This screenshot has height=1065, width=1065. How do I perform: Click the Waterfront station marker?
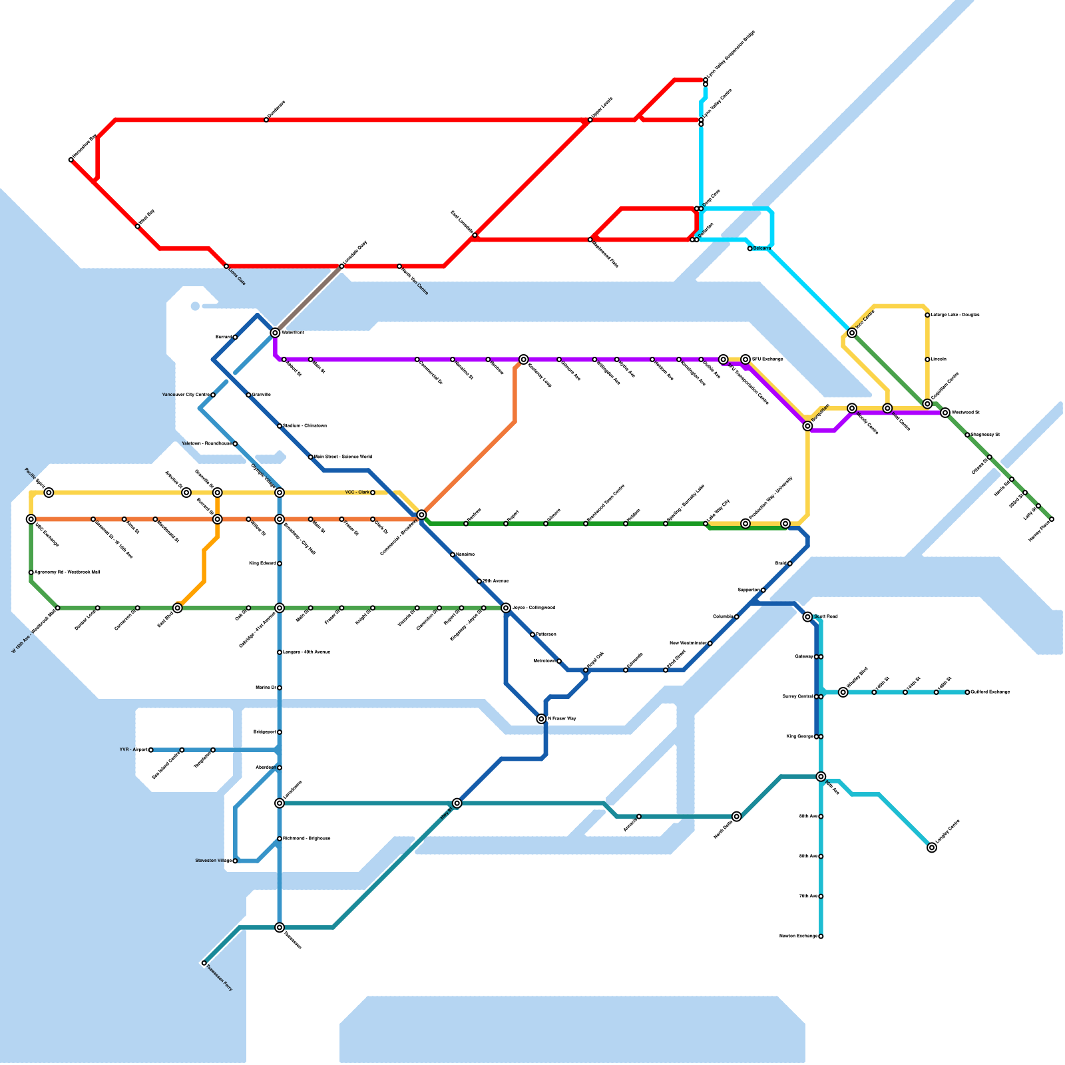[x=275, y=332]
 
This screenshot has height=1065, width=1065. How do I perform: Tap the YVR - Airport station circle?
[x=151, y=750]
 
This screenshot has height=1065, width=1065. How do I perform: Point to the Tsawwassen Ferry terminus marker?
[x=204, y=963]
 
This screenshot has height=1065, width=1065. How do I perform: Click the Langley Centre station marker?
[x=932, y=847]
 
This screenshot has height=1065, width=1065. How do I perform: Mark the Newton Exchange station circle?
[x=821, y=937]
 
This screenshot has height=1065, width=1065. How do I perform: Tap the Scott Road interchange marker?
[x=807, y=617]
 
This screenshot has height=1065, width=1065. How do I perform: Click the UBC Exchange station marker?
[x=31, y=519]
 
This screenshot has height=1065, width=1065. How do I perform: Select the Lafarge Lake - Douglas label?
[x=955, y=315]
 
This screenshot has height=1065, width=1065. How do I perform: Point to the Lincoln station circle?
[x=927, y=359]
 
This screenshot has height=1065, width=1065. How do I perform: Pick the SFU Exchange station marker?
[x=745, y=359]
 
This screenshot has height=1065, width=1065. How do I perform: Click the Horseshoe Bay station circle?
[x=71, y=160]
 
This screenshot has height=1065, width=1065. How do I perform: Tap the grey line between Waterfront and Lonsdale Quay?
[x=308, y=300]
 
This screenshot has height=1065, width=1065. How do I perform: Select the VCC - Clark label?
[x=357, y=493]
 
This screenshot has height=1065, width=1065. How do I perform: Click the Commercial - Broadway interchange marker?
[x=421, y=515]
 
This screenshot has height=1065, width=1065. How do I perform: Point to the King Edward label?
[x=262, y=564]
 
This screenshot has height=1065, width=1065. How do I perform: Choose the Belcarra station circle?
[x=749, y=249]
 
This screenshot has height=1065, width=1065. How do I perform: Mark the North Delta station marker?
[x=737, y=816]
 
